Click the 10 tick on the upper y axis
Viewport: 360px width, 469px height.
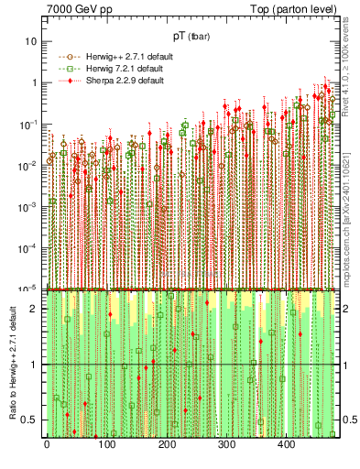(32, 41)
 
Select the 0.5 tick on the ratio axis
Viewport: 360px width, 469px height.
(33, 420)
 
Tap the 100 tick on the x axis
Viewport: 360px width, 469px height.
(106, 446)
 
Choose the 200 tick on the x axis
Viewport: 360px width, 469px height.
(167, 446)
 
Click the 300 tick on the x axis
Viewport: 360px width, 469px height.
(227, 446)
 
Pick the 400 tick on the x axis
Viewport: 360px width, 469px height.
(288, 446)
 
